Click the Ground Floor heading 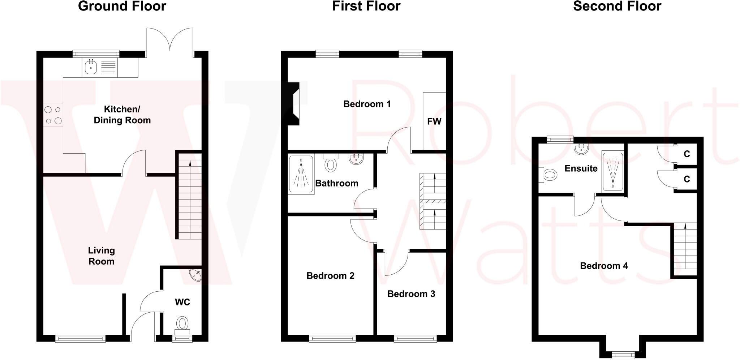tap(122, 6)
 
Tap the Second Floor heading tap(617, 6)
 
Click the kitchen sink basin tap(91, 67)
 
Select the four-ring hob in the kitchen tap(53, 115)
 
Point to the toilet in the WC tap(182, 325)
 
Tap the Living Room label tap(101, 256)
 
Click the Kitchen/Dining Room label tap(122, 115)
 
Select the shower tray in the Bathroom tap(301, 174)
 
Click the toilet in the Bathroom tap(330, 164)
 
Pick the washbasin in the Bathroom tap(356, 159)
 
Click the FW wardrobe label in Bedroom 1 tap(434, 121)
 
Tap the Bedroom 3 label tap(411, 294)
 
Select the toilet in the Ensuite tap(548, 175)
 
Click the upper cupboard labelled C tap(687, 154)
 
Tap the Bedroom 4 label tap(604, 266)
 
